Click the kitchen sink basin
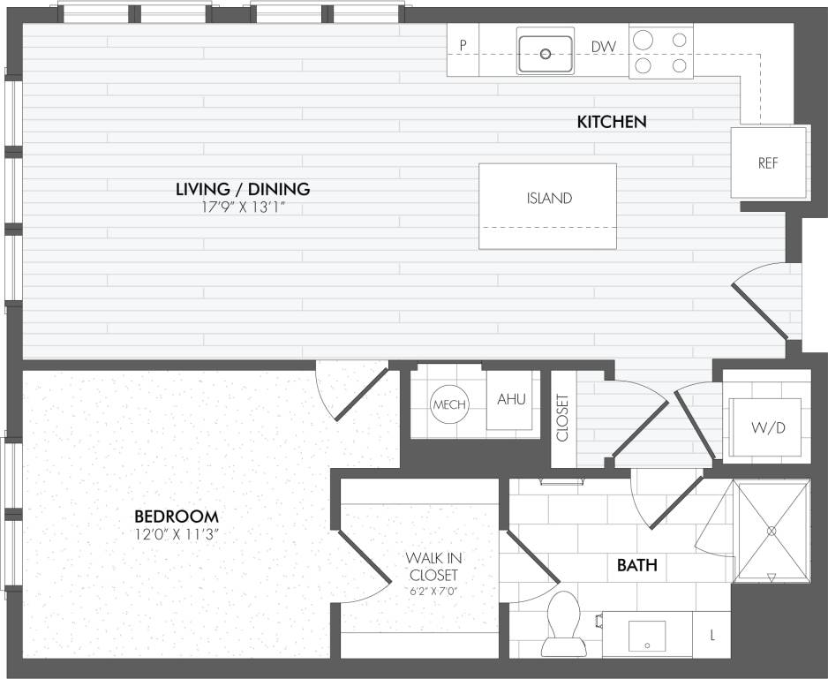(545, 54)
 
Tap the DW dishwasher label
(604, 47)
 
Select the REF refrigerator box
(768, 163)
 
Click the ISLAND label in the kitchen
(549, 199)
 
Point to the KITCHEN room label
(612, 122)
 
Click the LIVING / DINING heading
(243, 188)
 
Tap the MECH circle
(448, 404)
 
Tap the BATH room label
(636, 565)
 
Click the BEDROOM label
(177, 516)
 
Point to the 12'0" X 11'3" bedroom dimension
(177, 534)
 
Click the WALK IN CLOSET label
(433, 567)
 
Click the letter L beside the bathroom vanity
(713, 635)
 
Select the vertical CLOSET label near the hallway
(563, 416)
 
